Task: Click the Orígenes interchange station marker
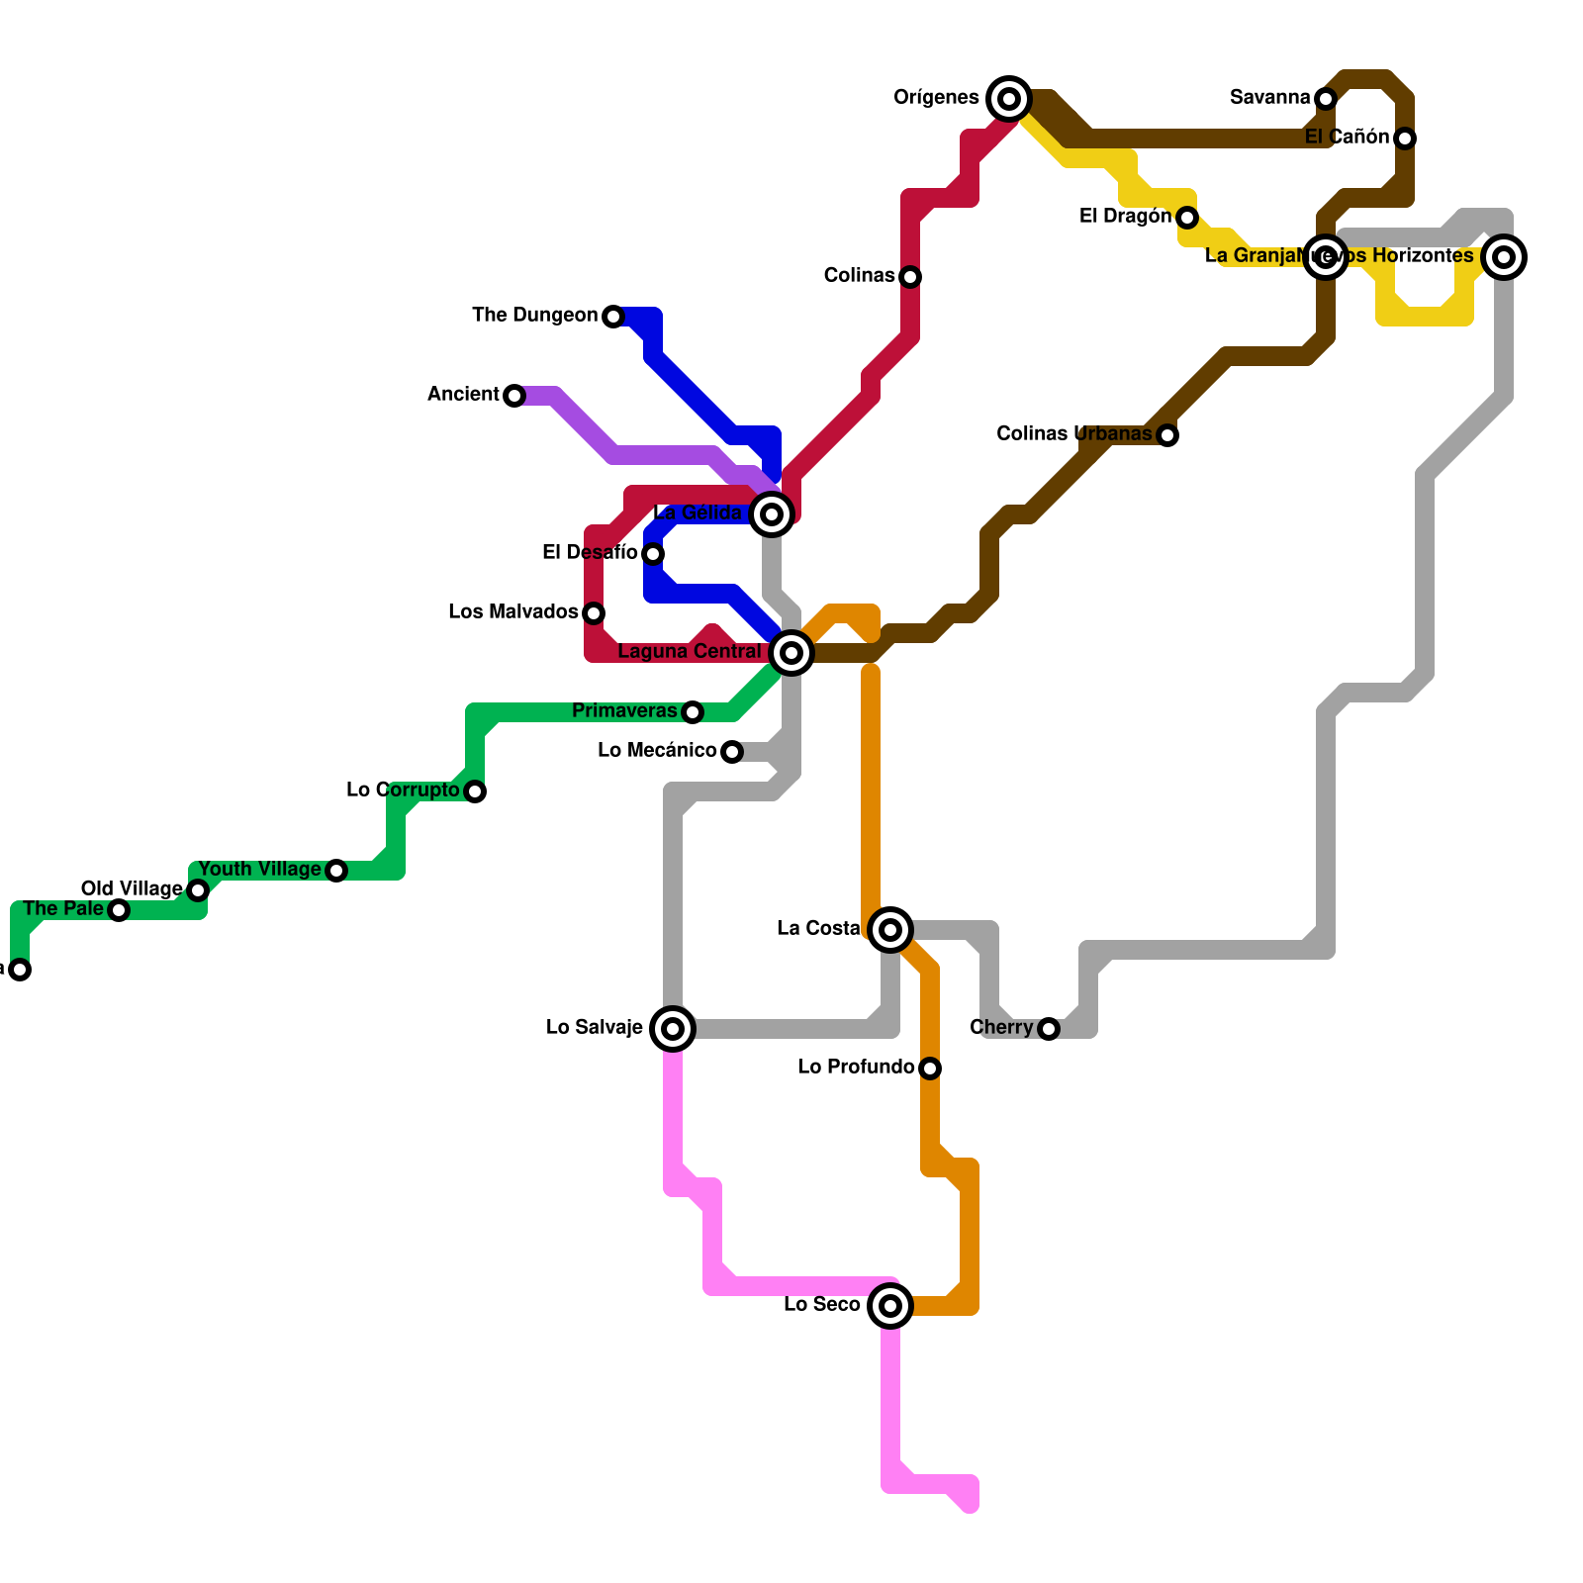[x=1009, y=98]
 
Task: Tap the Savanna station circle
[x=1326, y=98]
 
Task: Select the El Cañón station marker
[x=1405, y=139]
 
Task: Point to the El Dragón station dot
[x=1187, y=218]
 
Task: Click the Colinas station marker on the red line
[x=910, y=277]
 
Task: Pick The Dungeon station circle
[x=613, y=317]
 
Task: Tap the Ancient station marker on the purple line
[x=514, y=396]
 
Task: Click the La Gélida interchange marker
[x=772, y=514]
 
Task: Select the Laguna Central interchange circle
[x=791, y=653]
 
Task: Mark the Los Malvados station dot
[x=594, y=613]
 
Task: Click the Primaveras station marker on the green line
[x=693, y=712]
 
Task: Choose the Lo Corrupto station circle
[x=475, y=791]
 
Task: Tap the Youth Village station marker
[x=336, y=871]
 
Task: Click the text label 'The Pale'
[x=62, y=908]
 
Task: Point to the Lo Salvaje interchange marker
[x=673, y=1029]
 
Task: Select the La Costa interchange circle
[x=890, y=930]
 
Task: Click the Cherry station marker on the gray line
[x=1049, y=1029]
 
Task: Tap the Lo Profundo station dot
[x=930, y=1069]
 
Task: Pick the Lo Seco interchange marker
[x=890, y=1306]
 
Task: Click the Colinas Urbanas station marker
[x=1167, y=435]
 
